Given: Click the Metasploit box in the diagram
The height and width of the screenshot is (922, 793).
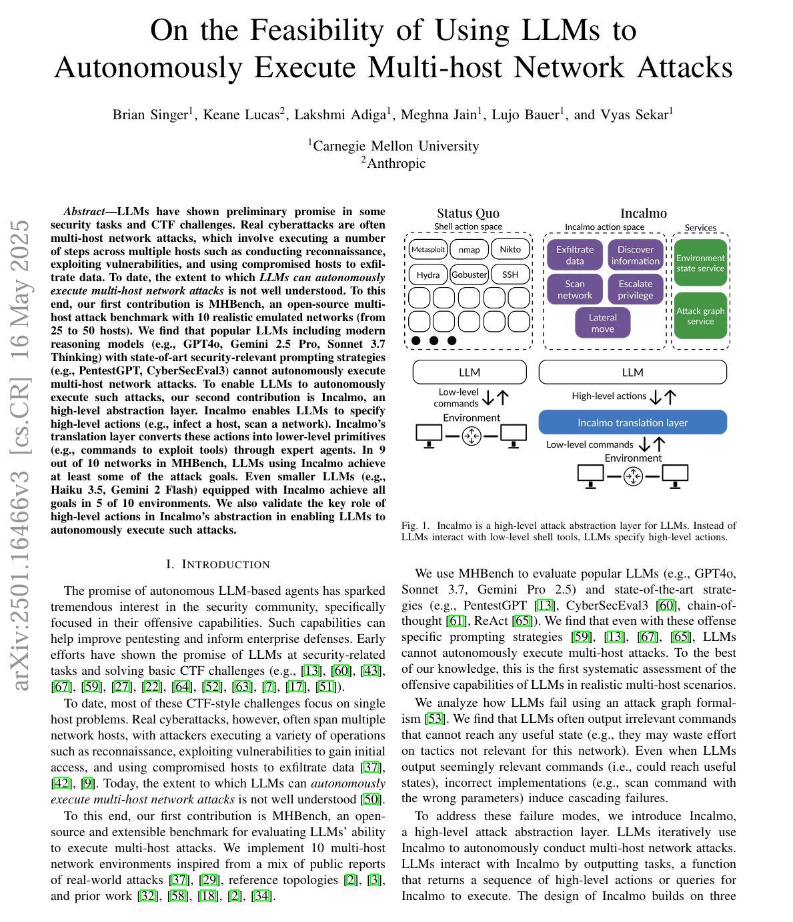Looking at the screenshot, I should (428, 250).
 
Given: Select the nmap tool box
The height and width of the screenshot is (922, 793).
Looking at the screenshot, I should (469, 250).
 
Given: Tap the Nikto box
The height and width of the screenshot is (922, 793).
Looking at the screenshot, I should (510, 250).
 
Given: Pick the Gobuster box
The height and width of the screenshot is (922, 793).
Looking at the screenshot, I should (469, 274).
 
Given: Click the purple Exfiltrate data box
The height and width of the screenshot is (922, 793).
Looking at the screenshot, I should (574, 255).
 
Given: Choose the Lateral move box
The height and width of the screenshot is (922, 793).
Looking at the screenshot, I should (602, 323).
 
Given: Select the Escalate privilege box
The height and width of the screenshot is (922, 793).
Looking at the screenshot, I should (635, 289).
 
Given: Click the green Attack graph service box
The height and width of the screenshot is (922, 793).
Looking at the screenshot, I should (700, 316).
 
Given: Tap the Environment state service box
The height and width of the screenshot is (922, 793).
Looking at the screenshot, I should (700, 263).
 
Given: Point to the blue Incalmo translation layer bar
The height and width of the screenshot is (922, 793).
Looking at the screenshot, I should (632, 422).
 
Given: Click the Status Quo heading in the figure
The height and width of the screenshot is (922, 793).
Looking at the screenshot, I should (468, 213).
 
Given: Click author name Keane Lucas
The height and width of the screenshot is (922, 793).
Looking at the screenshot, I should (241, 115).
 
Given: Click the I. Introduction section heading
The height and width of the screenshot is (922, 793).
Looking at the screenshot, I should (218, 565).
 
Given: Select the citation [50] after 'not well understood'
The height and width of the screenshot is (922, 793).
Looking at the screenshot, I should (371, 799).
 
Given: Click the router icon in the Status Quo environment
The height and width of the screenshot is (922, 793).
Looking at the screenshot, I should (472, 436).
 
